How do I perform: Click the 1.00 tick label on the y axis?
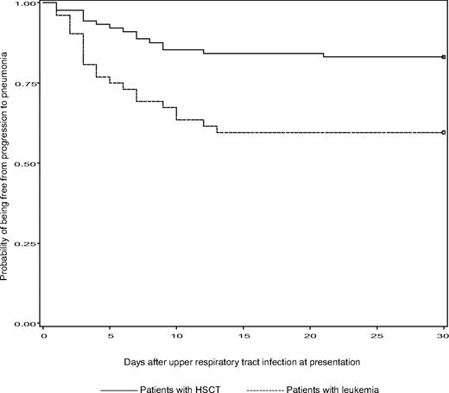[27, 4]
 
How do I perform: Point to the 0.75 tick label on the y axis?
[27, 84]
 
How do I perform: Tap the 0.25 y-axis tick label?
[27, 244]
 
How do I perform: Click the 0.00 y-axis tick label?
[27, 323]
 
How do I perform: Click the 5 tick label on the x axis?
[110, 339]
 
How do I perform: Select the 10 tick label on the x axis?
[176, 339]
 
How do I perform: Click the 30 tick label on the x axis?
[441, 339]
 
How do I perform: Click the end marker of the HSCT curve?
[443, 57]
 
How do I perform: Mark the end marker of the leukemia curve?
[443, 133]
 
